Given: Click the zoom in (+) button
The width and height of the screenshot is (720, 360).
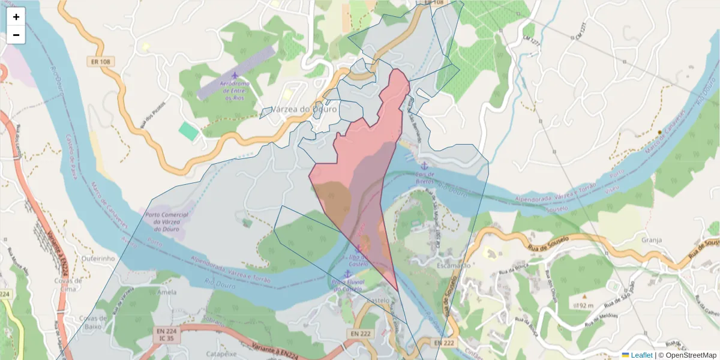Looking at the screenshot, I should (16, 17).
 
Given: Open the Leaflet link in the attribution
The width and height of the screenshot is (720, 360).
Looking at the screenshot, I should (641, 355).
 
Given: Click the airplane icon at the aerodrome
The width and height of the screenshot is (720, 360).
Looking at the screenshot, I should (235, 75).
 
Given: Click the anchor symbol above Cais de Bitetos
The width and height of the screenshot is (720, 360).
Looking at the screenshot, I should (424, 165).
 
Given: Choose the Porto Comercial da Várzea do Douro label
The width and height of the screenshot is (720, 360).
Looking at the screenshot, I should (167, 222).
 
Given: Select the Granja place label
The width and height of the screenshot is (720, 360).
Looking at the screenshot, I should (651, 240).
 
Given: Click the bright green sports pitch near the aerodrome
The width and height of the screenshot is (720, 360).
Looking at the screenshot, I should (188, 131).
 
